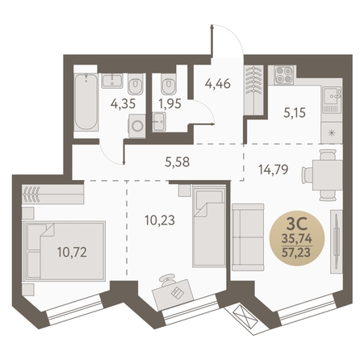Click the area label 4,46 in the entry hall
[218, 84]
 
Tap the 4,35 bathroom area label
[123, 104]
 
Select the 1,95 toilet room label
[170, 104]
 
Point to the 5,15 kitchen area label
[295, 113]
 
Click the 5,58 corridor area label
[178, 162]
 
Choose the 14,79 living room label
[274, 170]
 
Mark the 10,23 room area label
[160, 220]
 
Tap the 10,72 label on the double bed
[72, 253]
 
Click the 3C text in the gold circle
[296, 224]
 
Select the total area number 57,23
[296, 253]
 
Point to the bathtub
[86, 102]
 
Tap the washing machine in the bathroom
[137, 126]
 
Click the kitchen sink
[332, 96]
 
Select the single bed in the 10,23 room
[209, 226]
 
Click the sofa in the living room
[248, 237]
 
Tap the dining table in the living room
[328, 175]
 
